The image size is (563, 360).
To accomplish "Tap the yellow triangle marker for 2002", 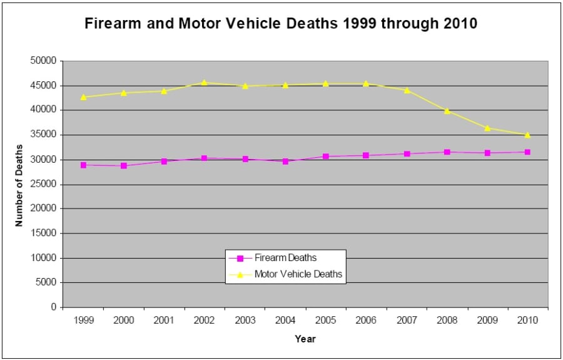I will pyautogui.click(x=205, y=83).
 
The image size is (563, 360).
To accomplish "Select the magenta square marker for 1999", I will pyautogui.click(x=83, y=165).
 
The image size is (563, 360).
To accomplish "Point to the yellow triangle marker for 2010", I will pyautogui.click(x=527, y=135).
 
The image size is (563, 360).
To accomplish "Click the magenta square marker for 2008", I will pyautogui.click(x=447, y=152).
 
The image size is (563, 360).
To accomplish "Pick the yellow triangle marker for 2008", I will pyautogui.click(x=447, y=111).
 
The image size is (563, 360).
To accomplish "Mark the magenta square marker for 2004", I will pyautogui.click(x=285, y=162).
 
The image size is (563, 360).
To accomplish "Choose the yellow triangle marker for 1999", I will pyautogui.click(x=83, y=97).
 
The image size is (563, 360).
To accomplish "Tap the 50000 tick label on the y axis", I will pyautogui.click(x=44, y=61).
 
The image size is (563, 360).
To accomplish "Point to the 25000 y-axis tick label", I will pyautogui.click(x=44, y=184).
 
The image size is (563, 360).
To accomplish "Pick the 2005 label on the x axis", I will pyautogui.click(x=325, y=320).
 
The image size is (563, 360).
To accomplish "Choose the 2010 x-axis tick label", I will pyautogui.click(x=527, y=320).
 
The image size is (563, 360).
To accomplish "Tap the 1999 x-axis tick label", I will pyautogui.click(x=83, y=320).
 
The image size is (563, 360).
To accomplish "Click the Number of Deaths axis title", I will pyautogui.click(x=19, y=185).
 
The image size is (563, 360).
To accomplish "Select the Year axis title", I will pyautogui.click(x=305, y=339).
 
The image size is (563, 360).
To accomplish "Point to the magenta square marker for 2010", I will pyautogui.click(x=527, y=152).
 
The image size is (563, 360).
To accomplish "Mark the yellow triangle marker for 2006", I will pyautogui.click(x=366, y=83).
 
